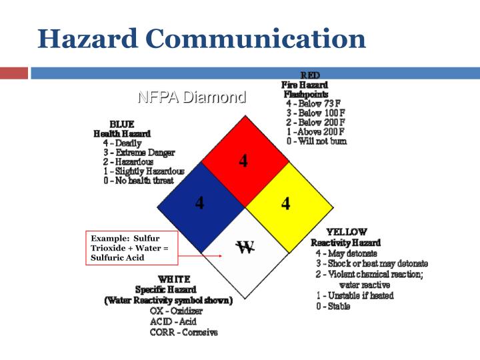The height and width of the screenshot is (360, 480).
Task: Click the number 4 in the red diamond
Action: [243, 161]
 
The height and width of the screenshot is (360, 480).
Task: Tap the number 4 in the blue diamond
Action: [199, 203]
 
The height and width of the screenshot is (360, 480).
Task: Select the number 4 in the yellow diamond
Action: [285, 203]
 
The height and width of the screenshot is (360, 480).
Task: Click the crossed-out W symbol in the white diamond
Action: [245, 248]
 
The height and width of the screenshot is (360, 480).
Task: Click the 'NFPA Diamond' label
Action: [191, 97]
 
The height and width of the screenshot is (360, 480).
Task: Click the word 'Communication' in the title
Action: [256, 39]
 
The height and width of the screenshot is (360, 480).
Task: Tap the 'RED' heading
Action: [310, 75]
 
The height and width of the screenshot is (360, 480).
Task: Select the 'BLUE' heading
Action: [122, 124]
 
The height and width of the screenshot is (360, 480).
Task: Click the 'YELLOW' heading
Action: [346, 233]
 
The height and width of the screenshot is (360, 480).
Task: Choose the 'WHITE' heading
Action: [174, 279]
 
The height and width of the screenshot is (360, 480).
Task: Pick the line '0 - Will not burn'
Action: [316, 141]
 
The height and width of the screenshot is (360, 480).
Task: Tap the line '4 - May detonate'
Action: [346, 253]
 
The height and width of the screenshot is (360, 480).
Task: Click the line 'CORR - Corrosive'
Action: [183, 332]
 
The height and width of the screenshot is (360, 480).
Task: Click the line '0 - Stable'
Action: [333, 307]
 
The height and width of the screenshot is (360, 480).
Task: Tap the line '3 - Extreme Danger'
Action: [139, 153]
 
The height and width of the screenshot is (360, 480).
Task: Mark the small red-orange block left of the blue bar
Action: [14, 73]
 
